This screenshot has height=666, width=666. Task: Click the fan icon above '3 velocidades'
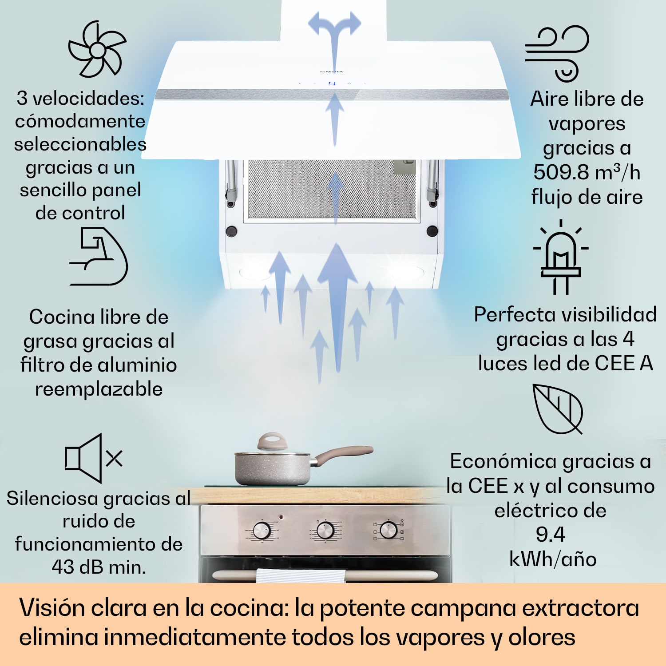click(97, 49)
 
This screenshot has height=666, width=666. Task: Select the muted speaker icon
click(93, 458)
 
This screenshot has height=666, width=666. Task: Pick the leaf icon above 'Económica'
click(558, 409)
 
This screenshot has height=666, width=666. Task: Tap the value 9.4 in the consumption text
click(550, 534)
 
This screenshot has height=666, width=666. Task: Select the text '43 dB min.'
click(99, 567)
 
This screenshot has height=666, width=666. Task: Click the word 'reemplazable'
click(99, 389)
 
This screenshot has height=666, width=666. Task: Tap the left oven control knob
click(262, 530)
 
